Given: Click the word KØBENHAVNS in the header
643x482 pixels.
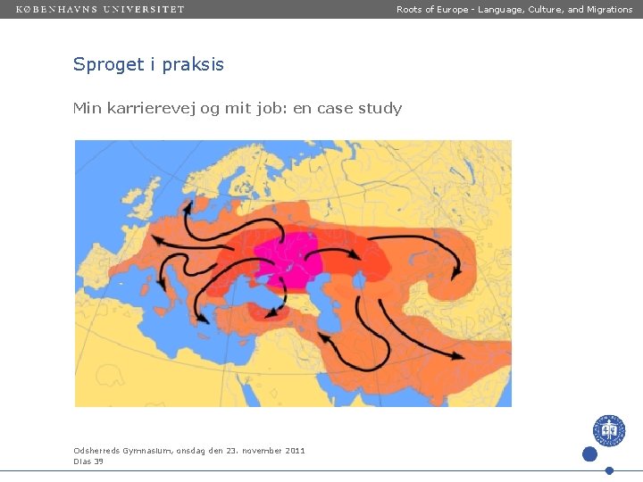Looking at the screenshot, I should pyautogui.click(x=55, y=9).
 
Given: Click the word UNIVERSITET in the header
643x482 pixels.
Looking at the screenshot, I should pyautogui.click(x=144, y=9).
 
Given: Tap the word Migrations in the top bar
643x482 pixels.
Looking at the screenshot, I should pyautogui.click(x=610, y=9).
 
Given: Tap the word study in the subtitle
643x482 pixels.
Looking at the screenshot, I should pyautogui.click(x=380, y=108).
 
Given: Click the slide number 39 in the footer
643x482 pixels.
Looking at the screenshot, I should pyautogui.click(x=98, y=461).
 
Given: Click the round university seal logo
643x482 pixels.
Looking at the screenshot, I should pyautogui.click(x=609, y=430).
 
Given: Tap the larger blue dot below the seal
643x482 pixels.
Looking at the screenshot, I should pyautogui.click(x=589, y=454).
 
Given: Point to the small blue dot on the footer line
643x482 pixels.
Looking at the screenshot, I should pyautogui.click(x=609, y=470).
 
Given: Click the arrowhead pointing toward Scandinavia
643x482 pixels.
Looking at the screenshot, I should pyautogui.click(x=188, y=207).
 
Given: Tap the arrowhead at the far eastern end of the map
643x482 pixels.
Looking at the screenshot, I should pyautogui.click(x=455, y=273).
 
